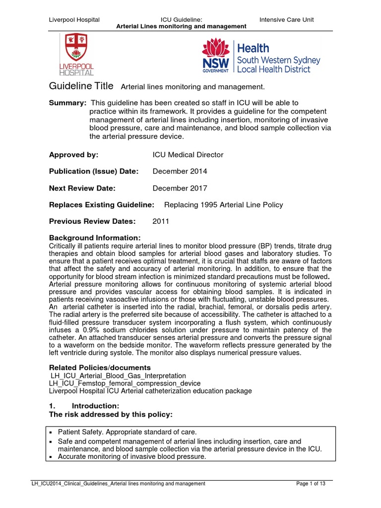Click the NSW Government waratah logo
click(216, 56)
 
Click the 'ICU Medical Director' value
click(188, 155)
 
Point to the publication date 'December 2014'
click(180, 172)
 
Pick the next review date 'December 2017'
click(180, 189)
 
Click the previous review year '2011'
click(161, 222)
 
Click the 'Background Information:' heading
click(95, 238)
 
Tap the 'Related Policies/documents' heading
click(99, 368)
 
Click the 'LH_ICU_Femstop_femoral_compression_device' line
click(125, 383)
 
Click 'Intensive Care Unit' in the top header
click(286, 20)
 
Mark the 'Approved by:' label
click(73, 155)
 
